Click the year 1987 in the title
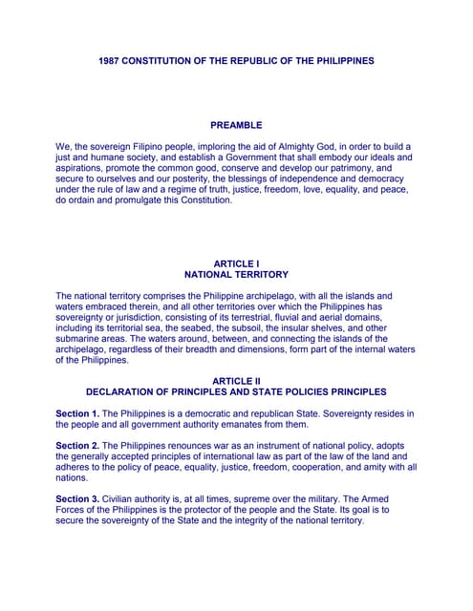tap(111, 61)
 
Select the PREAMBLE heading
tap(236, 125)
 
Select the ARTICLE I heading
tap(236, 263)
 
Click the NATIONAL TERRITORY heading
tap(236, 275)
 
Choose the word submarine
tap(83, 340)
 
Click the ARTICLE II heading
tap(236, 381)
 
